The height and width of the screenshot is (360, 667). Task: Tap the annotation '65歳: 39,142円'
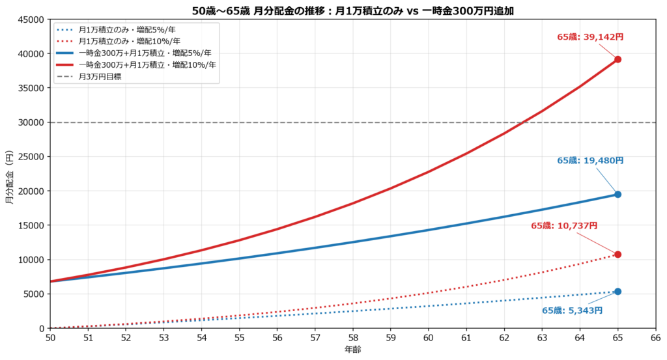click(590, 37)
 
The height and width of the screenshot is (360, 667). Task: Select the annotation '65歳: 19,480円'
click(590, 161)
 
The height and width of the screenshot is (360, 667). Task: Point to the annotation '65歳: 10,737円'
click(564, 226)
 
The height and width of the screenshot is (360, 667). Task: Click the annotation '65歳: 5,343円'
click(572, 311)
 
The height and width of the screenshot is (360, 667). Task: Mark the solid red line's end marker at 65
click(617, 59)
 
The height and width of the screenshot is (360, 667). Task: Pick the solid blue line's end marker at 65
click(617, 195)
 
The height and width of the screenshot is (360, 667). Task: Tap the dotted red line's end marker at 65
click(617, 255)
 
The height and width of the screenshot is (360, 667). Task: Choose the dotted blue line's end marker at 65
click(617, 292)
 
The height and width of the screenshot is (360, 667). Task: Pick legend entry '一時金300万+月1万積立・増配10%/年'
click(147, 64)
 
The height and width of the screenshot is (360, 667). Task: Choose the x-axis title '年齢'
click(352, 350)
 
